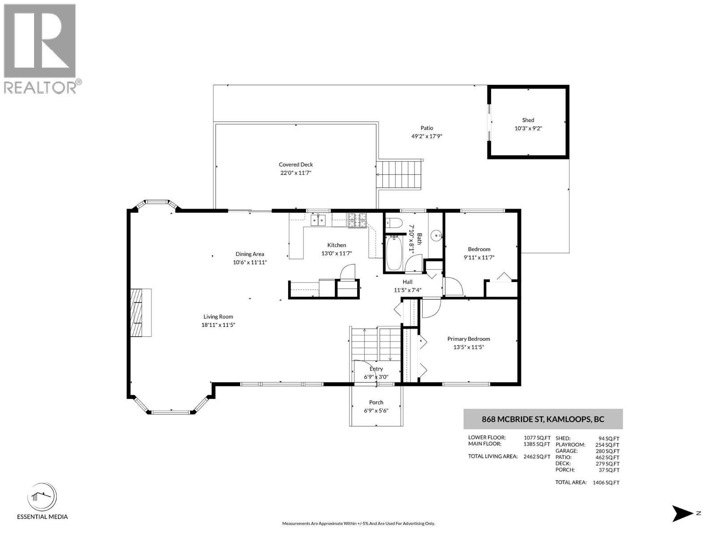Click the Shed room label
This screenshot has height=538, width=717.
pos(528,120)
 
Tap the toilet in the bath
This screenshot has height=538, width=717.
pos(391,223)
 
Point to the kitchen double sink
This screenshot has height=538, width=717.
pos(318,220)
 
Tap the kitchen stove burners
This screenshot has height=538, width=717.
pos(357,220)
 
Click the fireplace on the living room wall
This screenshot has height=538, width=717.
pos(140,312)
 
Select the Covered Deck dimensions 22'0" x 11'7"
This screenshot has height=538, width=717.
pos(296,173)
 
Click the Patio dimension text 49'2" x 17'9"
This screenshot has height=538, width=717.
pos(427,136)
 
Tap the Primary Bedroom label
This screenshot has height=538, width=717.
pos(468,339)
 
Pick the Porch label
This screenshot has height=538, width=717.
pos(376,403)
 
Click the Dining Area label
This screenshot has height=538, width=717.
pos(250,254)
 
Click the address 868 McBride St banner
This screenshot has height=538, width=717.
pos(543,419)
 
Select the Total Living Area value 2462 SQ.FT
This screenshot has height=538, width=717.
pos(537,457)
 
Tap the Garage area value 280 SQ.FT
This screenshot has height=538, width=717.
pos(607,451)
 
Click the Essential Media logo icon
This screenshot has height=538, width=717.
pos(42,497)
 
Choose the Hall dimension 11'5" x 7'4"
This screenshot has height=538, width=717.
pos(407,290)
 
